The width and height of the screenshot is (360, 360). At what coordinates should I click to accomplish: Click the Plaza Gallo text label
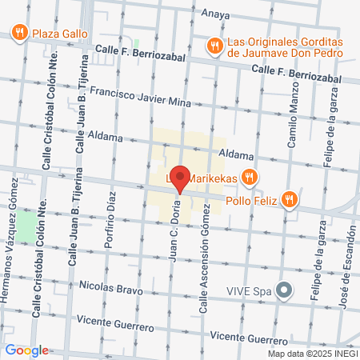pyautogui.click(x=59, y=34)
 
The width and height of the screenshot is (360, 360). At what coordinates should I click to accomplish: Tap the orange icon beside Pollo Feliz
pyautogui.click(x=293, y=199)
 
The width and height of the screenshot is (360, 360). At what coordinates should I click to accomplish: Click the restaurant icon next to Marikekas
pyautogui.click(x=250, y=176)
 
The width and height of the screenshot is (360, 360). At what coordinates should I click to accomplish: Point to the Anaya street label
pyautogui.click(x=215, y=13)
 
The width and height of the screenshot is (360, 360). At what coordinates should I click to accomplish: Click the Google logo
pyautogui.click(x=26, y=350)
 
